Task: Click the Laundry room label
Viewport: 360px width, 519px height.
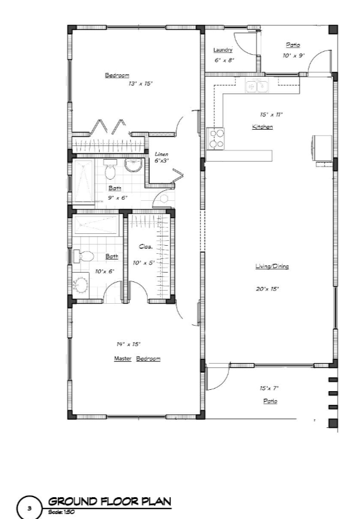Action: pyautogui.click(x=223, y=50)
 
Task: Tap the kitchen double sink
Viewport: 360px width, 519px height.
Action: pyautogui.click(x=257, y=86)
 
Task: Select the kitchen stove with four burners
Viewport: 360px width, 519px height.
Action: pyautogui.click(x=215, y=138)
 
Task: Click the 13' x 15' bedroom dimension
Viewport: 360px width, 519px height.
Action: pyautogui.click(x=140, y=84)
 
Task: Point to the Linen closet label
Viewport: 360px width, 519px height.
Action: pyautogui.click(x=162, y=154)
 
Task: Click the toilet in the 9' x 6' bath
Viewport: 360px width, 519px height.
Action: pyautogui.click(x=110, y=169)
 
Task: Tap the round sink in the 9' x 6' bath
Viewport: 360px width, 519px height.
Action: pyautogui.click(x=133, y=165)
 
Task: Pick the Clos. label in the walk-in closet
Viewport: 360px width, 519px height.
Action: pyautogui.click(x=146, y=246)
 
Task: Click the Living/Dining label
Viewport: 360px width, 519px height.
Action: pyautogui.click(x=272, y=266)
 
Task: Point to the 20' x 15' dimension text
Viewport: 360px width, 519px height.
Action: pyautogui.click(x=267, y=289)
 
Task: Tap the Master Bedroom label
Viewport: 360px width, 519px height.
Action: pyautogui.click(x=137, y=359)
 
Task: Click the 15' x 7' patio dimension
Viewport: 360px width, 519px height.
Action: pyautogui.click(x=269, y=388)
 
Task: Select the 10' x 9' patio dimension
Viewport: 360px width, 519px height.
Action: pyautogui.click(x=293, y=56)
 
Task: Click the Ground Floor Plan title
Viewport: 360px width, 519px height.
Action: pyautogui.click(x=110, y=502)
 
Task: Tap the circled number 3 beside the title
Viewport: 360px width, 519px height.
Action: pyautogui.click(x=30, y=508)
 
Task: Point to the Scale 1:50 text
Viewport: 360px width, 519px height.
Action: pyautogui.click(x=61, y=512)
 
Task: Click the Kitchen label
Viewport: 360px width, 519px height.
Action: pyautogui.click(x=262, y=127)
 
